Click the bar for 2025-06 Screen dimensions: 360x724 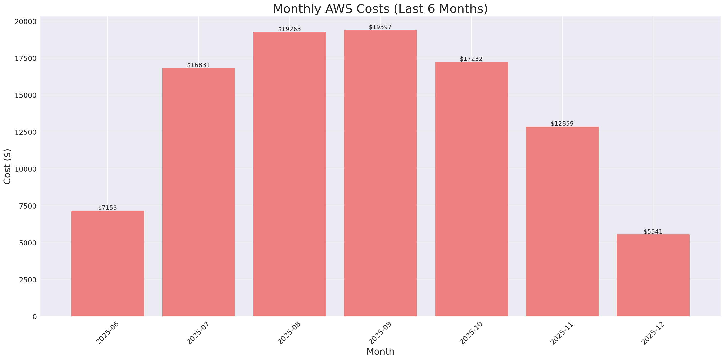pos(108,264)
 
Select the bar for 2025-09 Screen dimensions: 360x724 pos(380,173)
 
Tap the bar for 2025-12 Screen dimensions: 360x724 pos(653,275)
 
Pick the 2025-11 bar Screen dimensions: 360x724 pos(562,221)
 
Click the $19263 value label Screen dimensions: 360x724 pos(289,29)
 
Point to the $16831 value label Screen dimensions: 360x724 pos(198,65)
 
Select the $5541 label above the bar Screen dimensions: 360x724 pos(653,232)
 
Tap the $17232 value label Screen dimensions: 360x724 pos(471,59)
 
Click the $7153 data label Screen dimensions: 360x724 pos(107,208)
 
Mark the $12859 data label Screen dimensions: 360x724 pos(562,124)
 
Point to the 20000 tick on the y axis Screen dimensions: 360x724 pos(25,22)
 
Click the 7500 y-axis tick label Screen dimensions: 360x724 pos(28,206)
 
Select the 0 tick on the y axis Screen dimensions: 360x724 pos(34,317)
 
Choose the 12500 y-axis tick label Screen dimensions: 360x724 pos(25,132)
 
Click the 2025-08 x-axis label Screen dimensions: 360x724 pos(289,333)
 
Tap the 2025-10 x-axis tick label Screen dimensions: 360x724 pos(471,333)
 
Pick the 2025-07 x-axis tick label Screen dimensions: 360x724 pos(198,333)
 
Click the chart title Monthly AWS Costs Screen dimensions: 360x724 pos(380,9)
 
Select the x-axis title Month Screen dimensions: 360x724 pos(380,352)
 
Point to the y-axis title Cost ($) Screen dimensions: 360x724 pos(7,166)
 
